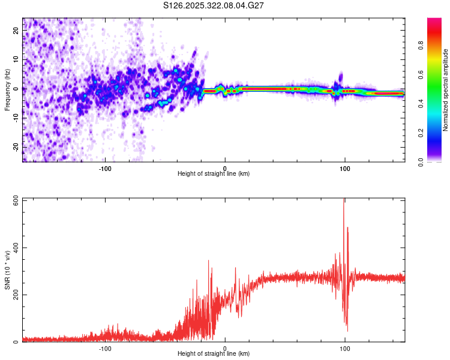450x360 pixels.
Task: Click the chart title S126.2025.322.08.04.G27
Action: pos(214,5)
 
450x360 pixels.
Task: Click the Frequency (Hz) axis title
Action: pos(7,89)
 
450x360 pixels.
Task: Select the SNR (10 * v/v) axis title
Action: pos(7,269)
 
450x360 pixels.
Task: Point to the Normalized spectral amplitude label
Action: pos(445,90)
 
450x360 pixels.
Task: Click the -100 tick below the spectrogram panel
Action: pos(105,167)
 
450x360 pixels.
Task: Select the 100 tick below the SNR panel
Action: pos(344,348)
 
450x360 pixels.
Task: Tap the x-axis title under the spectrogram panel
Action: pos(214,174)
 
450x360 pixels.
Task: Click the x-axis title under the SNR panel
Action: pos(214,355)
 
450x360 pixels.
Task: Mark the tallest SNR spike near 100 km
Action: pos(344,200)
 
